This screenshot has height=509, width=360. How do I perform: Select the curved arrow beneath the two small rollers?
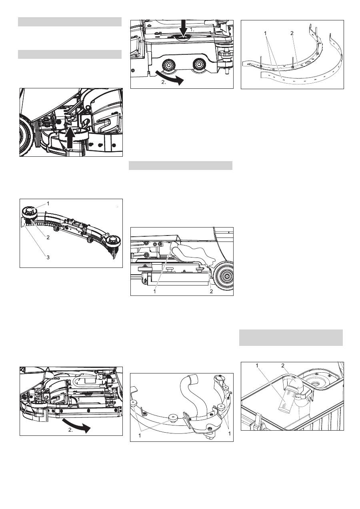point(170,78)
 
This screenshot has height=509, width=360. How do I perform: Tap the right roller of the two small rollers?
point(199,64)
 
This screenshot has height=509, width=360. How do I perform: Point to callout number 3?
point(48,257)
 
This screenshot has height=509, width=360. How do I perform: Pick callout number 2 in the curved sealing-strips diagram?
point(292,33)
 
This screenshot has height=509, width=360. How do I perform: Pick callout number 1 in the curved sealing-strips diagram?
point(265,33)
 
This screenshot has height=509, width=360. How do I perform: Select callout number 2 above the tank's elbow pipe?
point(283,365)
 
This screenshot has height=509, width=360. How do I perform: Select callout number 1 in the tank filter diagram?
point(257,365)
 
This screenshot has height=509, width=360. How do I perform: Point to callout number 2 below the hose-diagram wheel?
point(211,291)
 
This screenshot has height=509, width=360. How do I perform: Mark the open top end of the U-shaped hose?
point(194,377)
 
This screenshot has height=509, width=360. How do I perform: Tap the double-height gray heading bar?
point(291,337)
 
